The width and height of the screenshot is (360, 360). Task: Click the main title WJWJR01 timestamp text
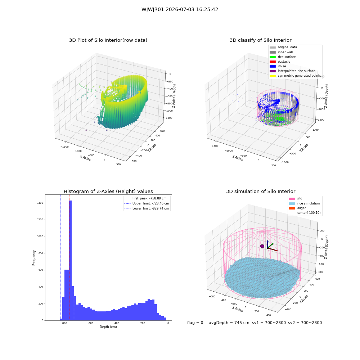[x=180, y=9]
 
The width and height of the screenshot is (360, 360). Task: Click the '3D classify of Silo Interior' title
[x=261, y=40]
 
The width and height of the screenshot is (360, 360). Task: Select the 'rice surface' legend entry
[x=283, y=57]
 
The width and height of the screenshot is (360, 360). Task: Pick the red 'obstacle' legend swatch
[x=273, y=62]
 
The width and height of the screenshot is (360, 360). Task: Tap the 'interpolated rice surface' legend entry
[x=292, y=71]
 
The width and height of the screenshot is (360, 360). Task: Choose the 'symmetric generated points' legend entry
[x=295, y=76]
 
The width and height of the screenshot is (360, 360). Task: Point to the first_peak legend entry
[x=145, y=198]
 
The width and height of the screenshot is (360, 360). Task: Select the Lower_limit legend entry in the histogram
[x=147, y=208]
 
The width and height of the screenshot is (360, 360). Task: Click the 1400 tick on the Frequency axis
[x=41, y=203]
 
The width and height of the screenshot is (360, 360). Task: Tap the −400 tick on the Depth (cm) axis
[x=116, y=323]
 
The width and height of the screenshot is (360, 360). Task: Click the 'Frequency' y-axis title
[x=34, y=258]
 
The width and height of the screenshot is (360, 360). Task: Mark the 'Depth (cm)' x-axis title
[x=108, y=327]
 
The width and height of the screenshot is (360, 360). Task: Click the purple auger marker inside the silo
[x=262, y=246]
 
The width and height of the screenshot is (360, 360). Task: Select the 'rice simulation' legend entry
[x=304, y=203]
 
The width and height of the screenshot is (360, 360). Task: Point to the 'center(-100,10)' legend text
[x=309, y=213]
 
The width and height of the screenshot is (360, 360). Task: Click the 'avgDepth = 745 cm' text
[x=229, y=323]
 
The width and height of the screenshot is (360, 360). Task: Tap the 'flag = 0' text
[x=195, y=323]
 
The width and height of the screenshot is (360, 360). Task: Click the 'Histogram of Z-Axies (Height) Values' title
[x=108, y=192]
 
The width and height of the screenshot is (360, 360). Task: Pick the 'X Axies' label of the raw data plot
[x=85, y=158]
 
